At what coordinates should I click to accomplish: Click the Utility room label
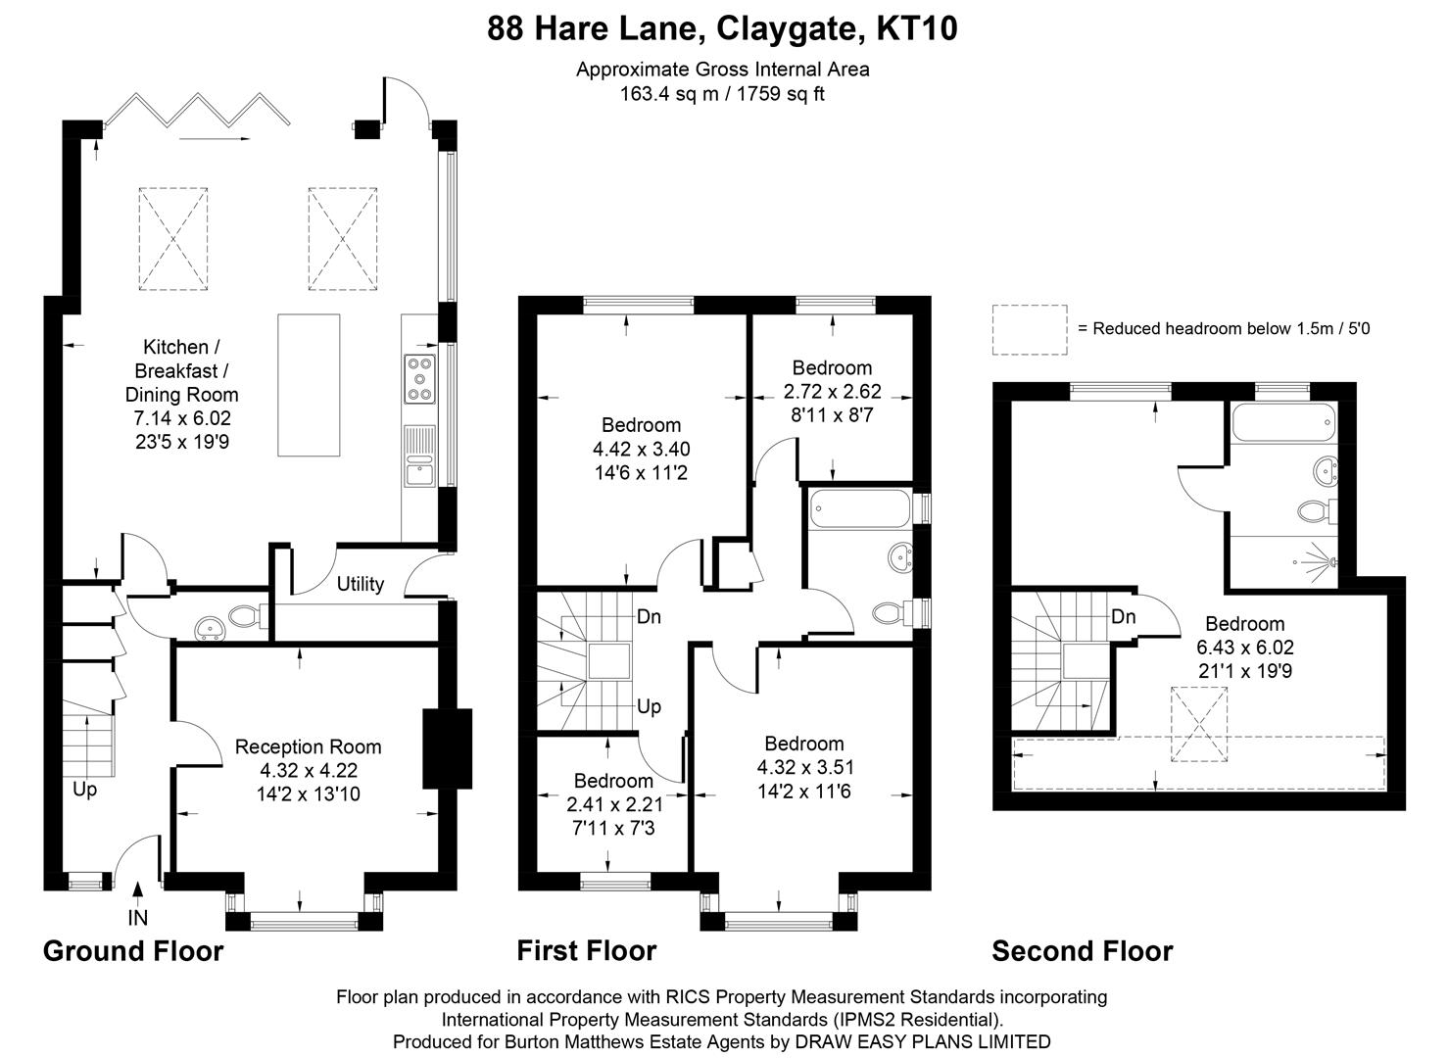pos(360,584)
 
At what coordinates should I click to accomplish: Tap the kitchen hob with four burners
pos(419,379)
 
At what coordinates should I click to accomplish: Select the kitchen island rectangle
pos(309,385)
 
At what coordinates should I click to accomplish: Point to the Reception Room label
pos(308,746)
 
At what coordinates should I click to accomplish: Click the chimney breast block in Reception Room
pos(435,748)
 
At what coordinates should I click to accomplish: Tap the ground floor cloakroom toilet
pos(243,616)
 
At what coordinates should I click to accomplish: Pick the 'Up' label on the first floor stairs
pos(649,706)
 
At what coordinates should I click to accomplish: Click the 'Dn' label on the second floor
pos(1124,616)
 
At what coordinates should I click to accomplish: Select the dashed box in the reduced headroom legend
pos(1029,329)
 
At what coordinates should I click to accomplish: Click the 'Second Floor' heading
pos(1082,950)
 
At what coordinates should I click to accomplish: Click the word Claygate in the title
pos(784,29)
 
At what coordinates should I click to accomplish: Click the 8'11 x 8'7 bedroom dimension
pos(832,414)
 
